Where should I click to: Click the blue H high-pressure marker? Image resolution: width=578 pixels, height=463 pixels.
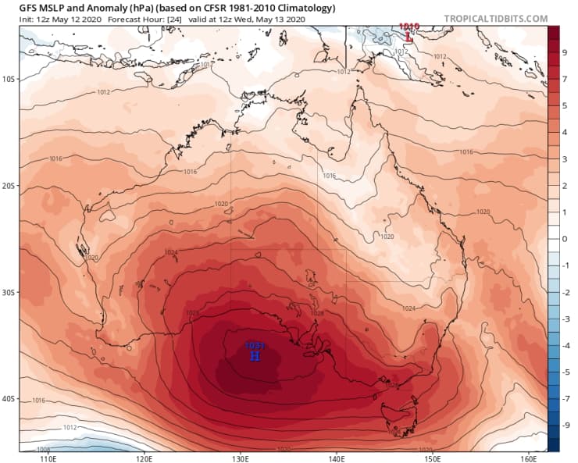pyautogui.click(x=255, y=356)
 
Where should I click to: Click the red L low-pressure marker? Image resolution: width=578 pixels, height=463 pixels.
pyautogui.click(x=409, y=35)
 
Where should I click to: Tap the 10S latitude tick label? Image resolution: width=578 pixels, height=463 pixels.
pyautogui.click(x=9, y=79)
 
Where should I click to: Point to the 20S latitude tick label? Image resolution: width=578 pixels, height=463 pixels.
pyautogui.click(x=9, y=186)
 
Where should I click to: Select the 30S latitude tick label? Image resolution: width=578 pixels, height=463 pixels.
pyautogui.click(x=9, y=292)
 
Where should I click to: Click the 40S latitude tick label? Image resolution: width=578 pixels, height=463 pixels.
pyautogui.click(x=9, y=399)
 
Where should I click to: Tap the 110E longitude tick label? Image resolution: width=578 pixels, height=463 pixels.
pyautogui.click(x=48, y=458)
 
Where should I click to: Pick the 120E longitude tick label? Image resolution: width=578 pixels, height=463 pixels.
pyautogui.click(x=144, y=458)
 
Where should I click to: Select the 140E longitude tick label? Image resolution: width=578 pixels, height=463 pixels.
pyautogui.click(x=337, y=458)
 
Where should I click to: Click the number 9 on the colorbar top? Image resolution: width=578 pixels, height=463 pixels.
pyautogui.click(x=565, y=52)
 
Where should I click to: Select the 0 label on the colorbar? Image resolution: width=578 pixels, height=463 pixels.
pyautogui.click(x=565, y=238)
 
